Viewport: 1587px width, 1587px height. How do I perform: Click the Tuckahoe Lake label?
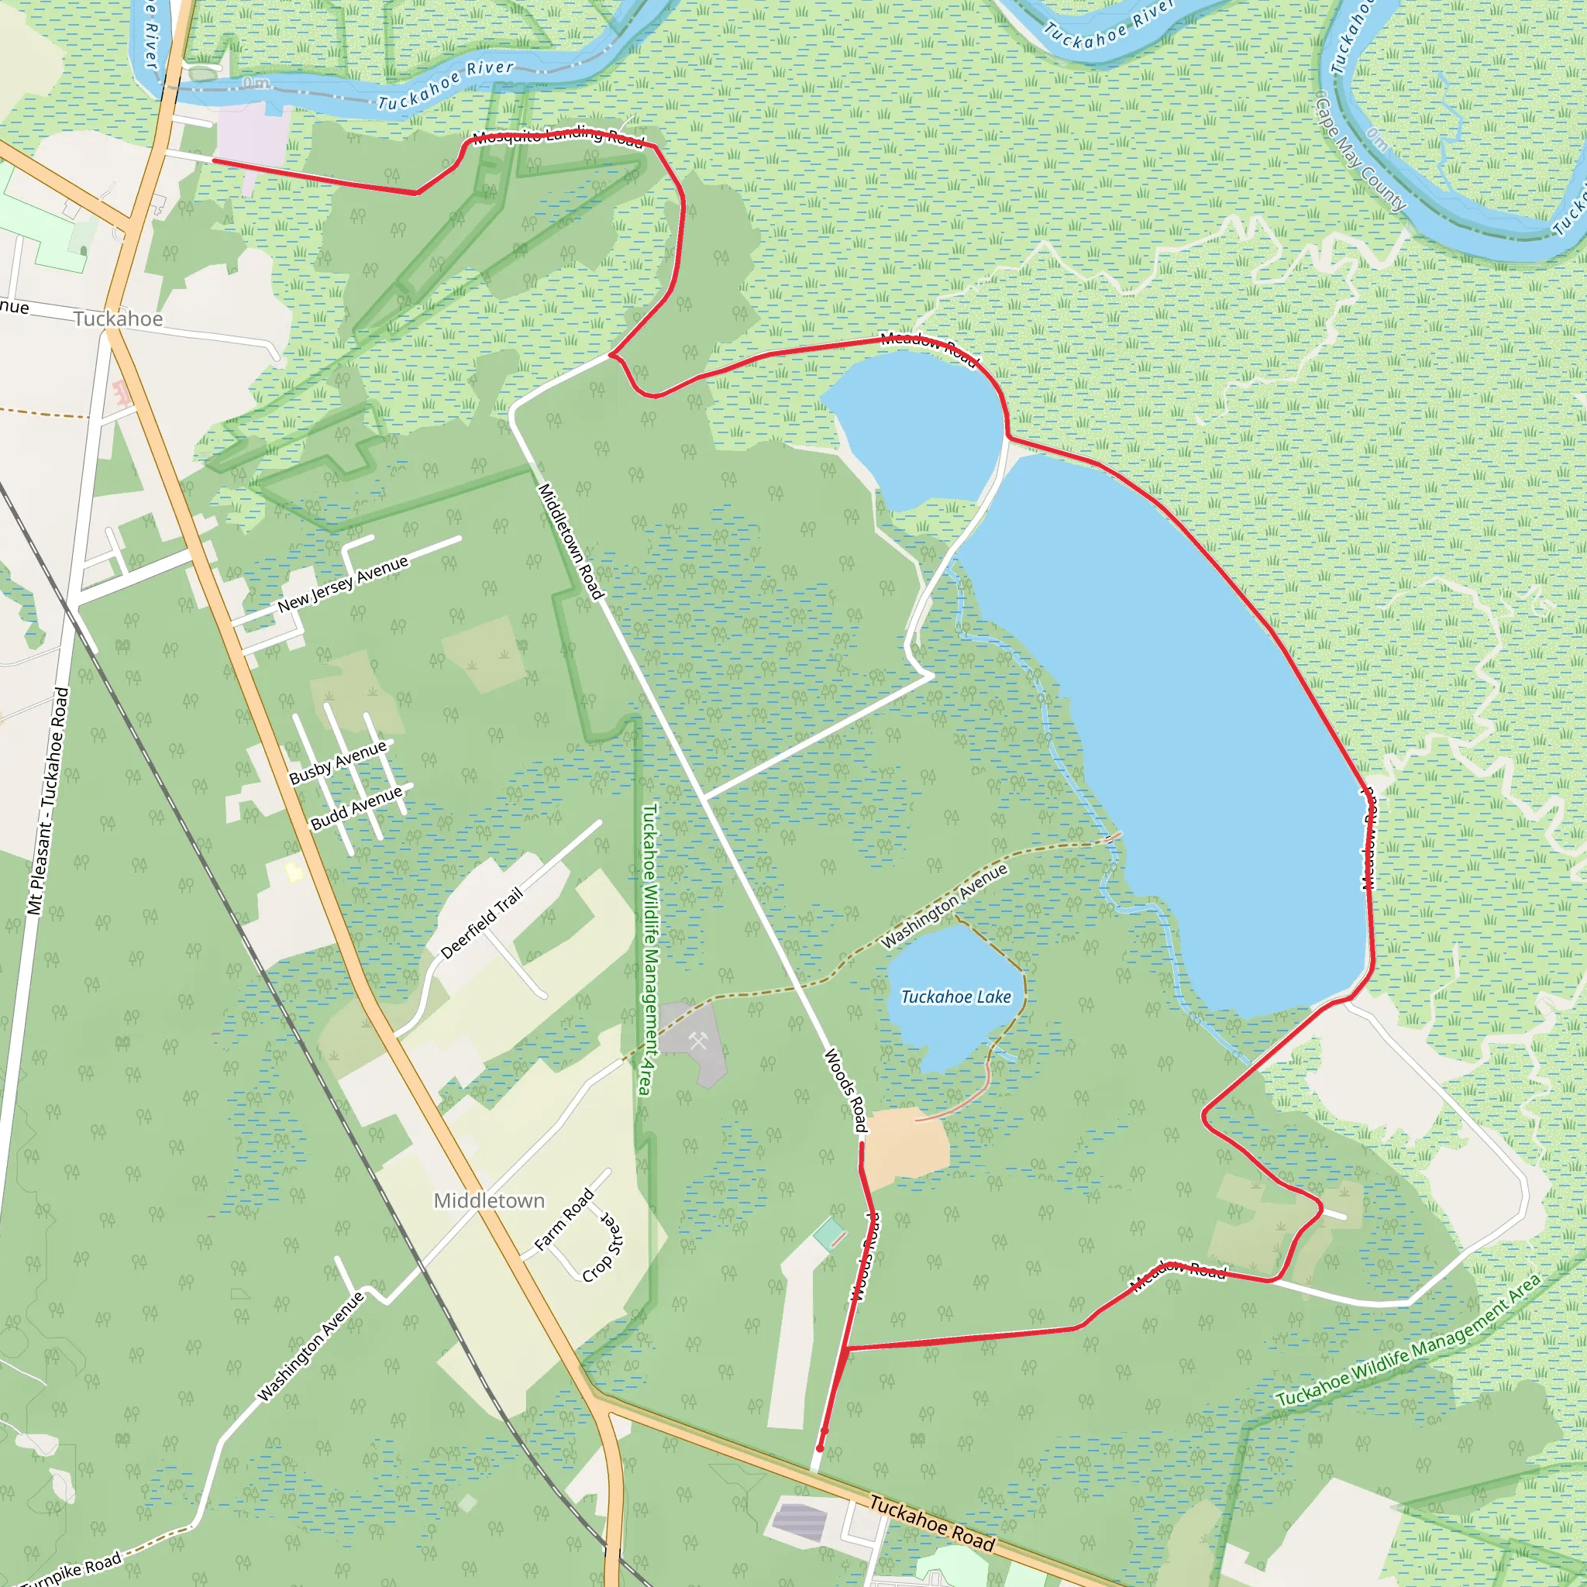point(956,997)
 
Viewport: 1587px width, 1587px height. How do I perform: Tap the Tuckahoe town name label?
point(119,318)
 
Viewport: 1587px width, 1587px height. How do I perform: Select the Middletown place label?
point(489,1201)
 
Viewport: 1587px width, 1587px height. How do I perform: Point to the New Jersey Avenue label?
point(343,584)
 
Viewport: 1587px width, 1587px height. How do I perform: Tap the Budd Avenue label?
point(356,807)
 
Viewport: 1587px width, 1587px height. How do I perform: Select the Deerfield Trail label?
point(481,922)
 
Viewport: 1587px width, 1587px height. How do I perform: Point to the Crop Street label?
point(604,1246)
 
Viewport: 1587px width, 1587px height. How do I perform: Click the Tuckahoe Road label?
point(931,1523)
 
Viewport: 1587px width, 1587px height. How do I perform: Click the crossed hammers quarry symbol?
point(697,1041)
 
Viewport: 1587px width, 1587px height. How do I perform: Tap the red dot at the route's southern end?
point(819,1448)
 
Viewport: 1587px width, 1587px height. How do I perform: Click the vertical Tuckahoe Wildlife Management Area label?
point(649,948)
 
